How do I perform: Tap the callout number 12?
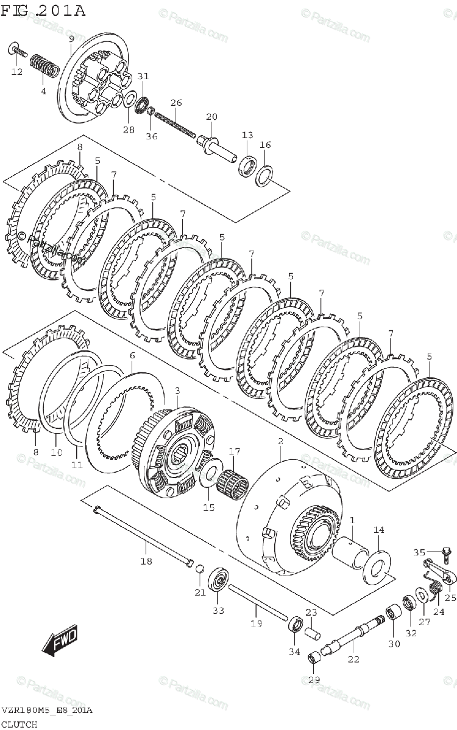(x=16, y=72)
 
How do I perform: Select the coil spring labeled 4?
(x=44, y=66)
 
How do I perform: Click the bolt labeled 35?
(x=445, y=553)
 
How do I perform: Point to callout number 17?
(x=235, y=451)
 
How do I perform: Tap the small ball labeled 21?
(x=199, y=569)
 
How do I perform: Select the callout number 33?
(x=218, y=610)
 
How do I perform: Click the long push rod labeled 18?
(x=143, y=535)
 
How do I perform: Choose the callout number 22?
(x=353, y=659)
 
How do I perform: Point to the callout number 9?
(x=71, y=39)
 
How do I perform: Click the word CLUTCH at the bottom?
(x=19, y=724)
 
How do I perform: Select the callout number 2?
(x=280, y=440)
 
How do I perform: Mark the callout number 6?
(x=132, y=355)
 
